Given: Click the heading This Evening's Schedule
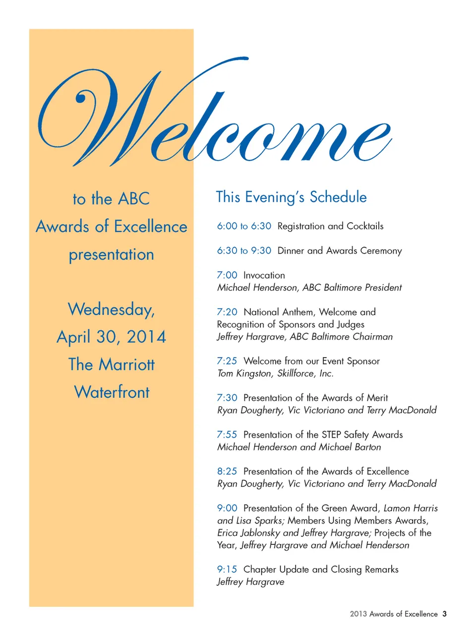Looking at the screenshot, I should tap(291, 197).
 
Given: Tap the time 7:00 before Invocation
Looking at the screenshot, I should tap(227, 275).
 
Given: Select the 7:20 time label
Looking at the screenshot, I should tap(227, 312).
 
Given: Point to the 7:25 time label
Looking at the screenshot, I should tap(227, 361).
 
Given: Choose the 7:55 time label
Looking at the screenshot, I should tap(227, 435).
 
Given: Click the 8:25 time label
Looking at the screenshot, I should tap(227, 472).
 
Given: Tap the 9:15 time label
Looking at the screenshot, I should tap(227, 570).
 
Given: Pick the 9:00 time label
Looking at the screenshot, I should tap(227, 508).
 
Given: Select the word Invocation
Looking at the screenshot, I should tap(264, 275).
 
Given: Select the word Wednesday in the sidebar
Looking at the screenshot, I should tap(111, 310).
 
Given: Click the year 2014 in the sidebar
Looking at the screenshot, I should tap(146, 337).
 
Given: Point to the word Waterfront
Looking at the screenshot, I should tap(112, 392).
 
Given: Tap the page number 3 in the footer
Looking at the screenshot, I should tap(445, 614).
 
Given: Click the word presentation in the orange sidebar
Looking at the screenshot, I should tap(112, 255).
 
